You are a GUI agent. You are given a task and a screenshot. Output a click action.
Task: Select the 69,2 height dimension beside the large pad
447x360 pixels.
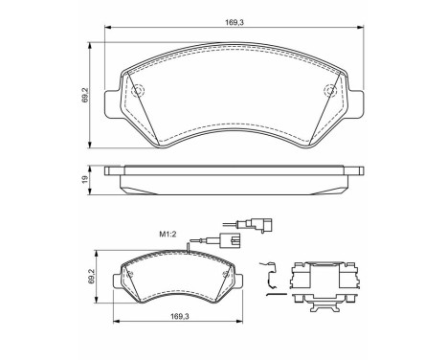point(85,97)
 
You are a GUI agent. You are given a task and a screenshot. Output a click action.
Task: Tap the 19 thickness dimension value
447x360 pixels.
point(85,178)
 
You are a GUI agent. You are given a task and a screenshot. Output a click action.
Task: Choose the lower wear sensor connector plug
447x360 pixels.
point(230,241)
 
